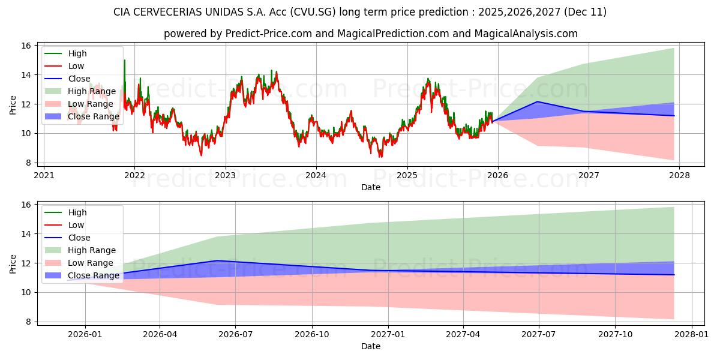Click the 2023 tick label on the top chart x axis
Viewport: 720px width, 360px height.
pos(225,175)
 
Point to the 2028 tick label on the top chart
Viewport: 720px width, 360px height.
pos(679,175)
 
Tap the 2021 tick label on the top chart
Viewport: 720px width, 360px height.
pos(44,175)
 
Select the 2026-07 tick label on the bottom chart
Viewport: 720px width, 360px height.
pos(235,334)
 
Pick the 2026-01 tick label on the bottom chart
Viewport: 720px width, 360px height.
pos(85,334)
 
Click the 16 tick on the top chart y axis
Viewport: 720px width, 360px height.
pos(26,46)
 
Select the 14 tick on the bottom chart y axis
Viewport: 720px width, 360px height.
pos(26,234)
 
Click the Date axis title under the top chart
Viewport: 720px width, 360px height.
pos(370,187)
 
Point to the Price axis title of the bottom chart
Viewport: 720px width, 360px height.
pos(13,263)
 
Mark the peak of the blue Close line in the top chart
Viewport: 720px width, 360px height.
pos(537,101)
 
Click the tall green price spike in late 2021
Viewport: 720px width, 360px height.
pos(124,61)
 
